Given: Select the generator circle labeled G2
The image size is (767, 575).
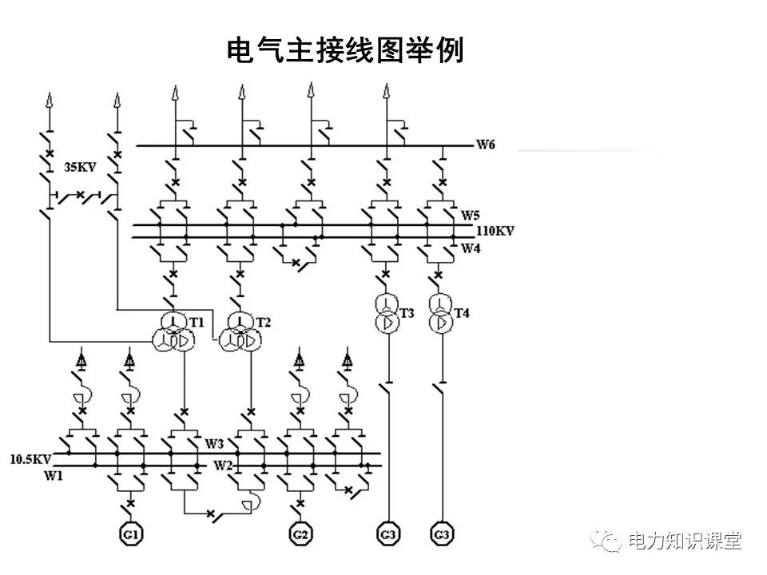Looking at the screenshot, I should tap(300, 533).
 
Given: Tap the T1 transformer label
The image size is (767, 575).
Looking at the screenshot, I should tap(197, 321).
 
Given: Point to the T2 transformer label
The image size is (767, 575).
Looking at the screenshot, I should tap(264, 322).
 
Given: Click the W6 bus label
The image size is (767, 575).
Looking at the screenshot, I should tap(486, 145).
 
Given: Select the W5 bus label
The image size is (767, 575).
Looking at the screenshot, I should tap(470, 215).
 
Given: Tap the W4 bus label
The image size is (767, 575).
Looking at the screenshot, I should tap(470, 248).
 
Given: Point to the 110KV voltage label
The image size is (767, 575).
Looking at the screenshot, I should tap(495, 231).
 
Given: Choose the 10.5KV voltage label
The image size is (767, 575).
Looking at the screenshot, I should tap(30, 459).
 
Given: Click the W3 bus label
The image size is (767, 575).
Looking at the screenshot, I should tap(214, 443).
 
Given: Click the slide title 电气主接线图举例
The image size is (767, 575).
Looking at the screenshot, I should tap(345, 51).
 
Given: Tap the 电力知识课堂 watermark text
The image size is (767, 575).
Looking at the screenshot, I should tap(685, 541).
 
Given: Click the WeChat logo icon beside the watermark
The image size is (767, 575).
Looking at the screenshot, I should tap(610, 541).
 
